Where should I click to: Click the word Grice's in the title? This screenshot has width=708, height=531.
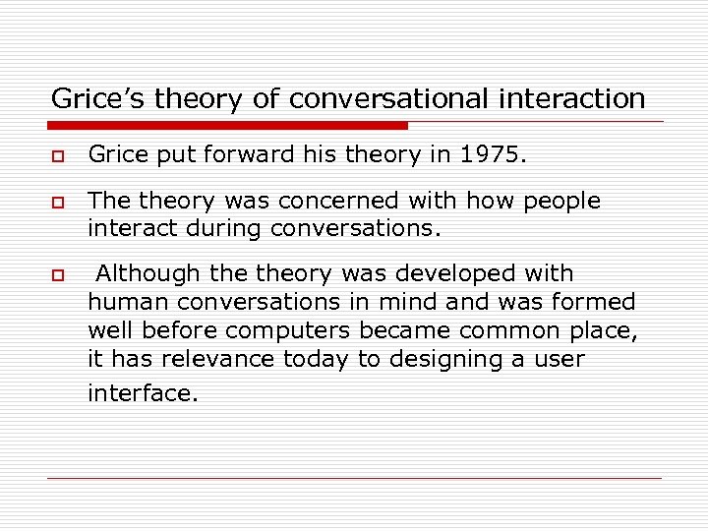89,98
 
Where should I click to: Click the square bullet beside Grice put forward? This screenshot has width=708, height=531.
59,155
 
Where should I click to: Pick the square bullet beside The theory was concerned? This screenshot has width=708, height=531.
59,203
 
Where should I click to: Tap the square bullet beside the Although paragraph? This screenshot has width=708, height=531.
59,274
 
